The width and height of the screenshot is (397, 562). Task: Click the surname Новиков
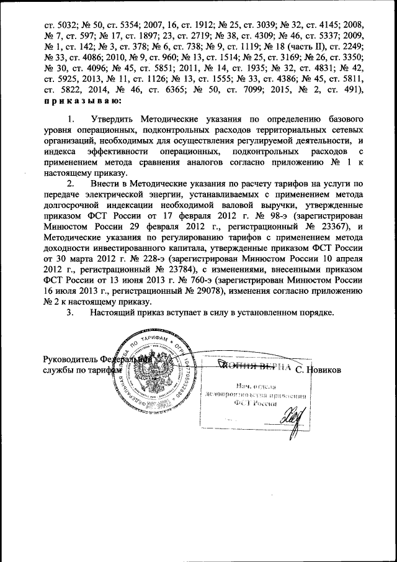(x=328, y=371)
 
